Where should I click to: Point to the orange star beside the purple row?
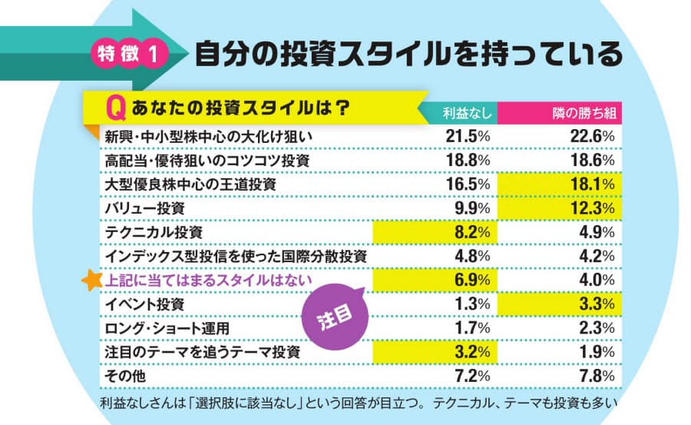coord(91,280)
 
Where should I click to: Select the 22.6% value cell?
coord(592,136)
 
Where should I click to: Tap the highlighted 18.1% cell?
coord(592,184)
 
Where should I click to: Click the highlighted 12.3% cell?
coord(592,208)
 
